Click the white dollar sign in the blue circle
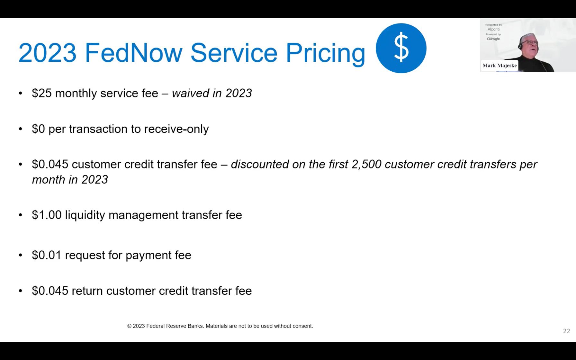click(x=401, y=48)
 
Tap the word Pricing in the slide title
click(x=325, y=53)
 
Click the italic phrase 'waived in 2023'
click(x=212, y=93)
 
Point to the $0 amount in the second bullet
click(x=38, y=129)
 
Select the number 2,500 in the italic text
click(x=366, y=164)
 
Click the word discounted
click(x=260, y=164)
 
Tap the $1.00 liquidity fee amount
click(x=47, y=215)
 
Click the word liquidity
click(x=85, y=215)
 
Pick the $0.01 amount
click(x=47, y=255)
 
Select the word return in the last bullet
click(x=87, y=291)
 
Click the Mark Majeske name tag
click(x=499, y=66)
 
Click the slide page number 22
click(x=566, y=331)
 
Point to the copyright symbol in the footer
click(x=129, y=326)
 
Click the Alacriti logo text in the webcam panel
click(x=493, y=29)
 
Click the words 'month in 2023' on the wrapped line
click(x=70, y=180)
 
